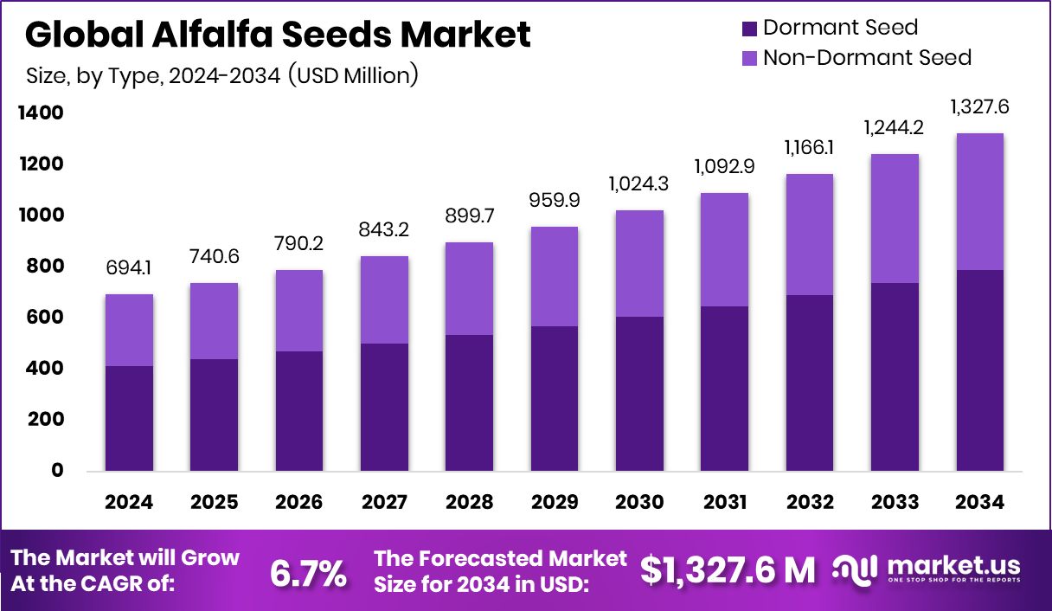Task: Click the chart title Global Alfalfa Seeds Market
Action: [x=278, y=35]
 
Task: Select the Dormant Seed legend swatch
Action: [x=748, y=29]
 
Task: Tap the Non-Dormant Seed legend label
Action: [x=867, y=58]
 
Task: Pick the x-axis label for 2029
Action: [x=554, y=502]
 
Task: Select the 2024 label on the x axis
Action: [x=129, y=502]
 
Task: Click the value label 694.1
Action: [x=129, y=268]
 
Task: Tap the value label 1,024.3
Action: [x=639, y=183]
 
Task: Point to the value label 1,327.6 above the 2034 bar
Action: [x=979, y=107]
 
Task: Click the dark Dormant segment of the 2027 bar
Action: [x=384, y=407]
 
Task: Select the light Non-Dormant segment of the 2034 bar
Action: [x=979, y=202]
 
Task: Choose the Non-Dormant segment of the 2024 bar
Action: [x=129, y=330]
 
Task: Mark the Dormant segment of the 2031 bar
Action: [x=724, y=389]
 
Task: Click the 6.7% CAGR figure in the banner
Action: [x=309, y=572]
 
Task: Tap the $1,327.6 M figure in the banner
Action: [x=728, y=569]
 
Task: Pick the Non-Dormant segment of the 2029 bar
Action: [x=554, y=276]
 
